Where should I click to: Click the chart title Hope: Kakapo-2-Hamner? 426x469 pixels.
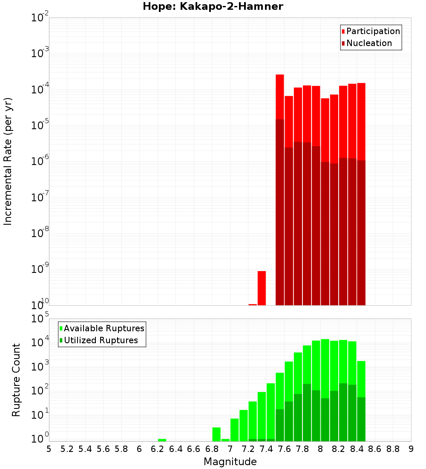(x=213, y=6)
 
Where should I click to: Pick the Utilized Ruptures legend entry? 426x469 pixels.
(x=101, y=340)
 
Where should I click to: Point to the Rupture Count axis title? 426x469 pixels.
(x=16, y=380)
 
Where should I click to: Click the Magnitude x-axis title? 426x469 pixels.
(x=230, y=462)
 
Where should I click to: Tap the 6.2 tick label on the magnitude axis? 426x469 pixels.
(x=158, y=449)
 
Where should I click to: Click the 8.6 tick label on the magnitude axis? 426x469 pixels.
(x=375, y=449)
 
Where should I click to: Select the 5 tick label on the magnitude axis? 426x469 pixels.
(x=49, y=449)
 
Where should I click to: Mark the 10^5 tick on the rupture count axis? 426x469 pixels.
(x=41, y=318)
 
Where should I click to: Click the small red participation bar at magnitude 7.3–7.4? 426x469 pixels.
(x=262, y=288)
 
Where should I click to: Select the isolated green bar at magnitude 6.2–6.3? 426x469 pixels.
(x=162, y=440)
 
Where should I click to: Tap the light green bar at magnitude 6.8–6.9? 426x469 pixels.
(x=216, y=434)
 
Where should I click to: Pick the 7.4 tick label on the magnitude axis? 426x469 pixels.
(x=266, y=449)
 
